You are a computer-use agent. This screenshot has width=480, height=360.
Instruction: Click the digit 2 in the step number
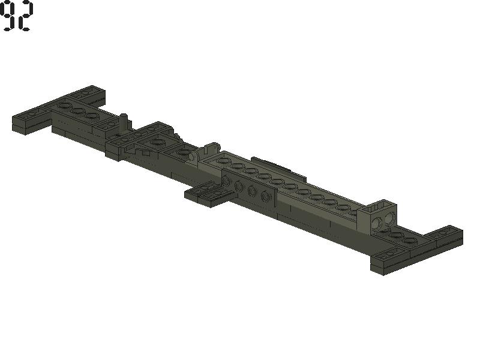25,16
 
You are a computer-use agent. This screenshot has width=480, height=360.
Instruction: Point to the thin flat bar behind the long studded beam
278,168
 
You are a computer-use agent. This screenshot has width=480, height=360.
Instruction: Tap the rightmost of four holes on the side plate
265,197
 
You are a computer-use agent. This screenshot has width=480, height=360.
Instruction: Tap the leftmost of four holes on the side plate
226,181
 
